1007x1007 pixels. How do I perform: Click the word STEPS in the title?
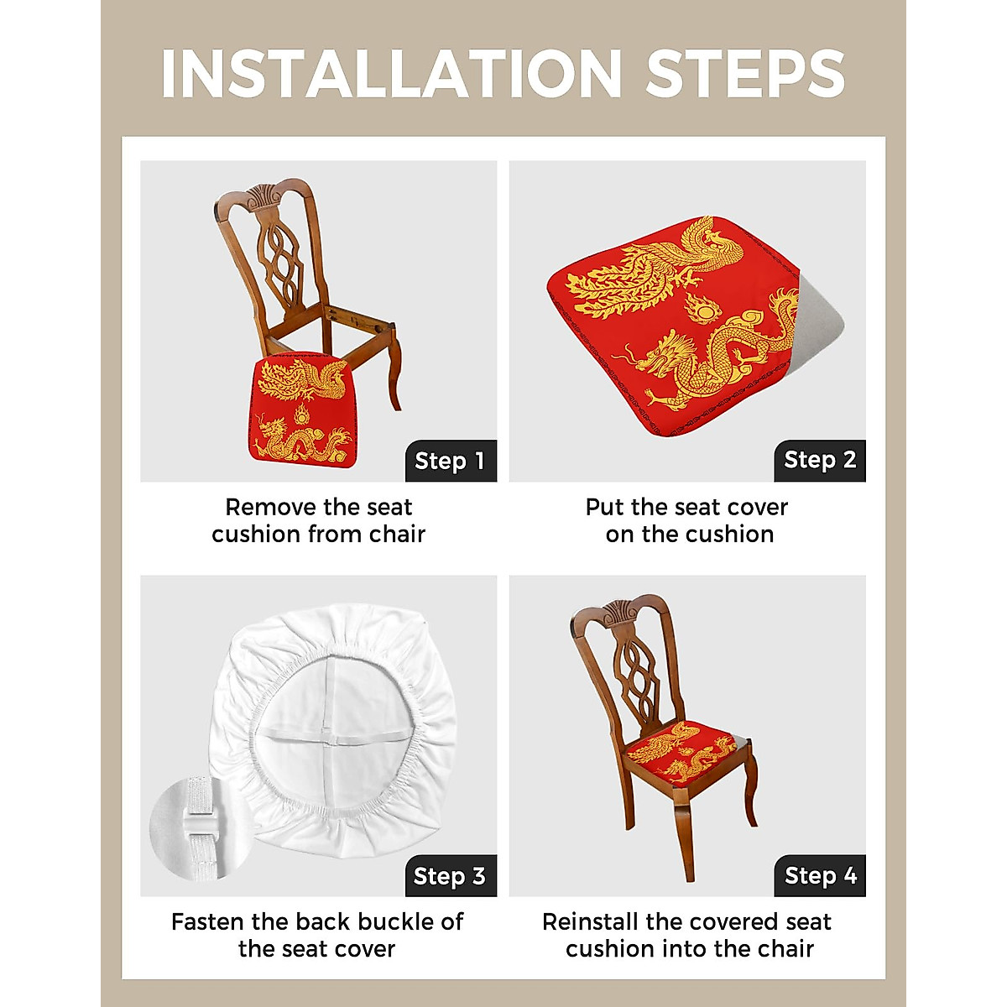[x=745, y=74]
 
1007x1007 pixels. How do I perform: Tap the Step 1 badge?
[x=451, y=461]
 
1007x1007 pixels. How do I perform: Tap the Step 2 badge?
[x=820, y=460]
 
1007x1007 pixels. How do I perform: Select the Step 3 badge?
[x=450, y=876]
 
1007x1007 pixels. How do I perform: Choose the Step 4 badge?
[x=820, y=876]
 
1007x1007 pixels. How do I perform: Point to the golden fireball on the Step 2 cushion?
[x=703, y=310]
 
